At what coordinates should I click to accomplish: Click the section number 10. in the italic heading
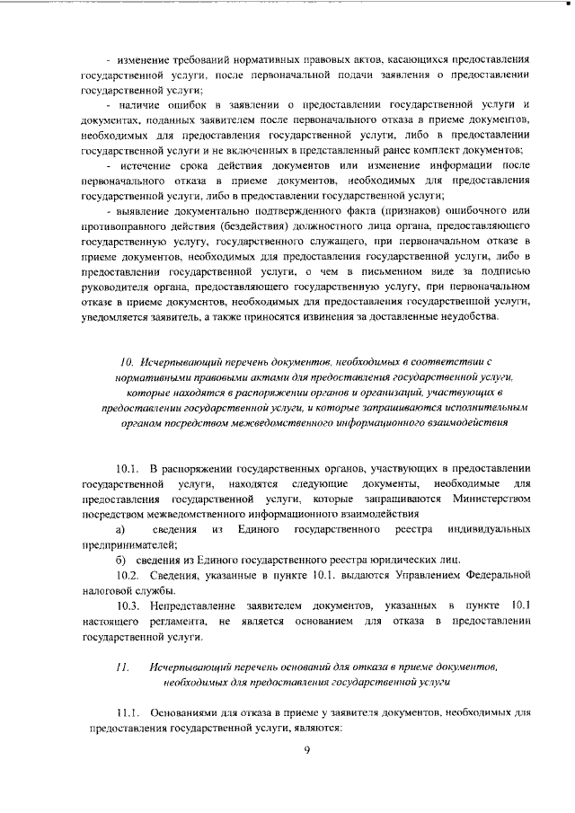(126, 360)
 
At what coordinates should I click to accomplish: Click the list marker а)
(119, 528)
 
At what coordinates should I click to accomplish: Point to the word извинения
(343, 316)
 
